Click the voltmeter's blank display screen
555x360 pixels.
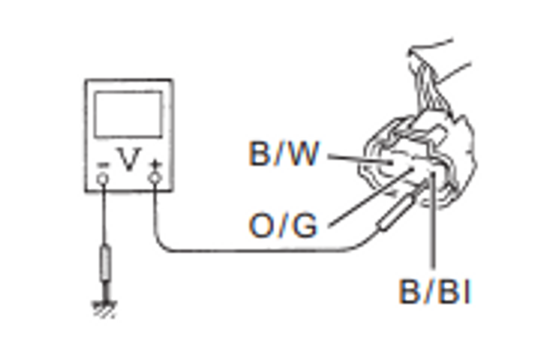click(x=129, y=114)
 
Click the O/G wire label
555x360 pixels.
click(x=283, y=225)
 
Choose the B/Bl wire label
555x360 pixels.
click(x=435, y=292)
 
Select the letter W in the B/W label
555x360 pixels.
click(x=303, y=155)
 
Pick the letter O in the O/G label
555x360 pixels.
click(x=262, y=225)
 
